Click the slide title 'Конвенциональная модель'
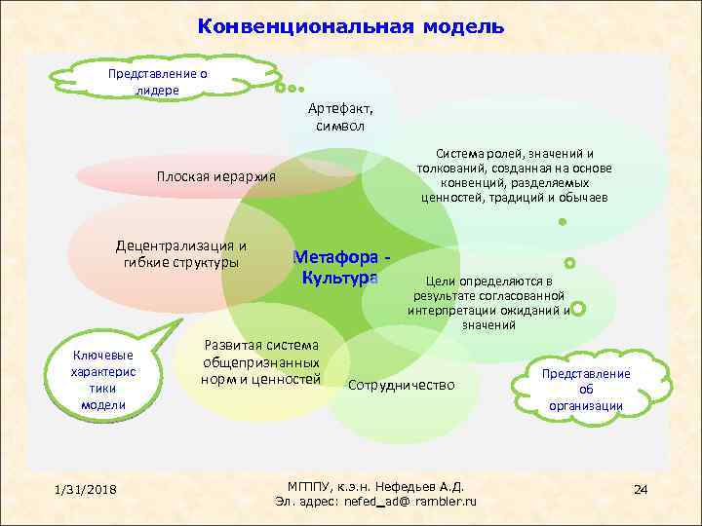click(350, 26)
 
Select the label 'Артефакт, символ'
click(340, 118)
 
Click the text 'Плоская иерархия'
click(216, 176)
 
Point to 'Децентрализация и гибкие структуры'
click(181, 253)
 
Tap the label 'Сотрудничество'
click(402, 385)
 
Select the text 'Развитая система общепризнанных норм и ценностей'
click(261, 361)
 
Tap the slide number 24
click(641, 487)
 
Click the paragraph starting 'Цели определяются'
click(489, 302)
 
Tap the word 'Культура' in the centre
click(340, 279)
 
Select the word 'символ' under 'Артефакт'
click(340, 127)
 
